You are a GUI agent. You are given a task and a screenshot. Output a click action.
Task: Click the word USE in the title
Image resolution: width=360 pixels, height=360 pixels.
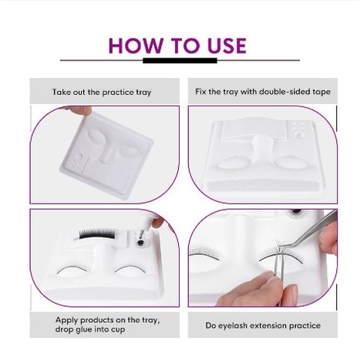(x=227, y=45)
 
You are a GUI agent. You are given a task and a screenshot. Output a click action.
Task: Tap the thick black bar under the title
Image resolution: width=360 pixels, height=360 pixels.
(x=180, y=61)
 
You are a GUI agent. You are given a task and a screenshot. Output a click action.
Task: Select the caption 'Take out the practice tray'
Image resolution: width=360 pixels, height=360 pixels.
(x=102, y=92)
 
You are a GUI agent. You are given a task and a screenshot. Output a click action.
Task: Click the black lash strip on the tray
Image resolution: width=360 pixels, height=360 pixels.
(x=97, y=234)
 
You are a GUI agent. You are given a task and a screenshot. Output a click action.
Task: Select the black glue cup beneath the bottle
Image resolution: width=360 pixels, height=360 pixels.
(x=140, y=243)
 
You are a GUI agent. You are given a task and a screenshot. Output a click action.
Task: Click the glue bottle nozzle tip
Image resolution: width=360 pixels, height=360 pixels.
(x=140, y=231)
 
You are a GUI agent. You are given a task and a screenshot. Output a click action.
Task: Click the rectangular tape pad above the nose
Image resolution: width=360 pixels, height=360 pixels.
(x=254, y=130)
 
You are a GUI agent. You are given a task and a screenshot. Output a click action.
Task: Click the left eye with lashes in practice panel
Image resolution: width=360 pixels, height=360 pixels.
(x=205, y=252)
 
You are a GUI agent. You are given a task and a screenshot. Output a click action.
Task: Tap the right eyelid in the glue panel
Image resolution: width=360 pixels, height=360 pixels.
(x=130, y=269)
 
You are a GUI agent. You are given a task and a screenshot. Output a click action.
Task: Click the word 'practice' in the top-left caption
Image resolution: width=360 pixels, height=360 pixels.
(x=118, y=92)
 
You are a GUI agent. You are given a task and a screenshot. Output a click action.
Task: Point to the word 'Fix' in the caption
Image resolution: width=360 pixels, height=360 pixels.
(x=200, y=92)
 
